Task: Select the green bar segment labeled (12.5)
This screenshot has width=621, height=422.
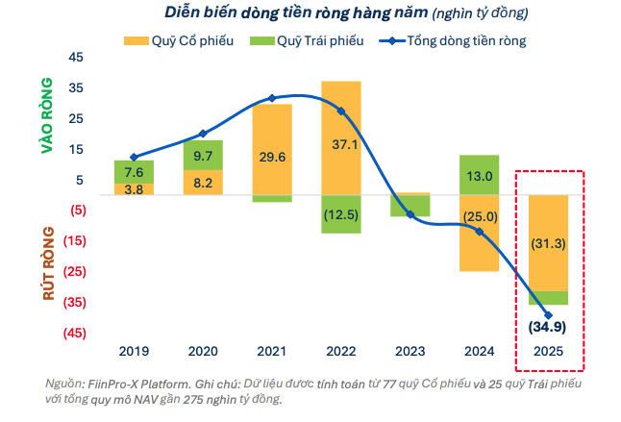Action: coord(341,213)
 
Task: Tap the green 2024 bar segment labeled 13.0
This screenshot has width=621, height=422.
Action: coord(479,175)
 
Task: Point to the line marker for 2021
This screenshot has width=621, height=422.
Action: coord(272,98)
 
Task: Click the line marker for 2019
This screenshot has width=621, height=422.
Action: coord(134,157)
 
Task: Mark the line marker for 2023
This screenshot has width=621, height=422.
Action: coord(410,213)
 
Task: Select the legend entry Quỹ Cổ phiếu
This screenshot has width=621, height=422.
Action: coord(179,41)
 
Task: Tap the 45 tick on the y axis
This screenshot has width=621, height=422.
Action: coord(77,58)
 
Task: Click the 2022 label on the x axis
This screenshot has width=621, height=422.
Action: coord(341,351)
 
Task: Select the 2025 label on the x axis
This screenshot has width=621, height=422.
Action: coord(549,351)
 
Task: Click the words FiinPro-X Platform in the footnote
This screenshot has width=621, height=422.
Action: coord(131,383)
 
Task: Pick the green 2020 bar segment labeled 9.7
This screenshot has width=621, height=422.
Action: coord(203,155)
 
